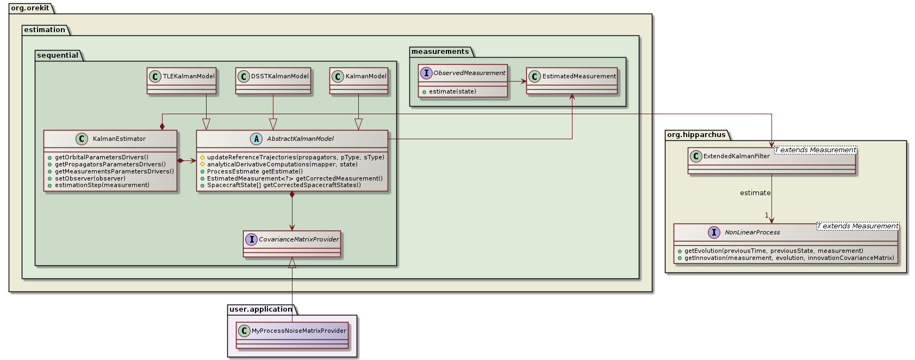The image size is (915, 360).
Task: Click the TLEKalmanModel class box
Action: [182, 80]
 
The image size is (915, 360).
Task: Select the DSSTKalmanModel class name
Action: [279, 77]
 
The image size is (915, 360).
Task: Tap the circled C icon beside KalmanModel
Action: [338, 77]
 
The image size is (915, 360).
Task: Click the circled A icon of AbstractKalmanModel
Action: [257, 139]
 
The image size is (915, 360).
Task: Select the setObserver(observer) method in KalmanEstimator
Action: [90, 178]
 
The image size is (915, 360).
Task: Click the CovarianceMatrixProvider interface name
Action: [298, 239]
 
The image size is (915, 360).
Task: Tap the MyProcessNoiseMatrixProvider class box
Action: [292, 335]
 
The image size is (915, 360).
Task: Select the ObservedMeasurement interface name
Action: [469, 73]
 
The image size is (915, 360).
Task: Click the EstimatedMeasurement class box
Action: [571, 80]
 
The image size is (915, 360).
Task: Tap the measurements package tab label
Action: [440, 52]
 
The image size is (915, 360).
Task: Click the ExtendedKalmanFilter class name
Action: [736, 157]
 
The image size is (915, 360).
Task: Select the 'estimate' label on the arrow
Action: [755, 193]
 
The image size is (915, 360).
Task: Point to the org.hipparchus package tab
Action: [696, 135]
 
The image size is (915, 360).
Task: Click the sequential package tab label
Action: [58, 55]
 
